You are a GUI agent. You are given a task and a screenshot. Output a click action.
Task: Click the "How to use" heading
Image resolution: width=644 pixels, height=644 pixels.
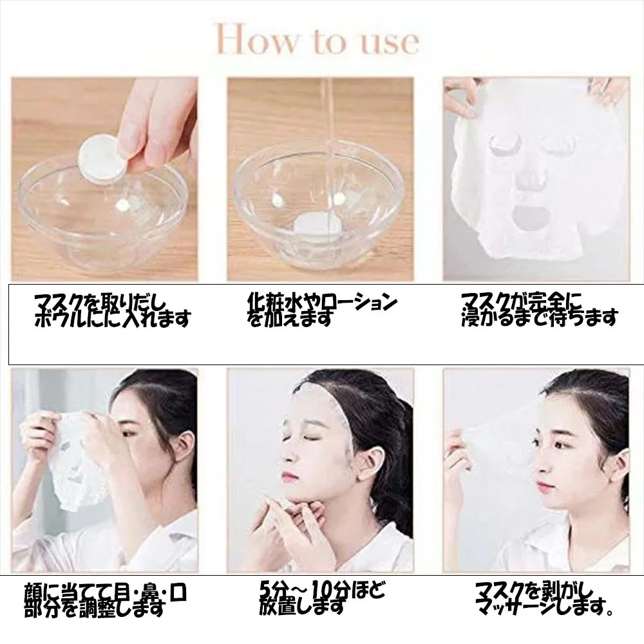click(x=317, y=40)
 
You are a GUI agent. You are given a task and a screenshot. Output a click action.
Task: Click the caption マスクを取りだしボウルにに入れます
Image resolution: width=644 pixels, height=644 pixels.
click(x=113, y=311)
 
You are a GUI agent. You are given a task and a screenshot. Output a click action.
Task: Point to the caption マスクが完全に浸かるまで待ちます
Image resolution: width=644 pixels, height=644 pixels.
click(x=540, y=310)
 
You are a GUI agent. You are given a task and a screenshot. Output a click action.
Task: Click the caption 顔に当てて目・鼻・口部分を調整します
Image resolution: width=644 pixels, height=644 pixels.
click(x=106, y=600)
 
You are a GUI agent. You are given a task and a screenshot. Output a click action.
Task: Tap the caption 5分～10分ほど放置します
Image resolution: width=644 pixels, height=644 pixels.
click(x=323, y=598)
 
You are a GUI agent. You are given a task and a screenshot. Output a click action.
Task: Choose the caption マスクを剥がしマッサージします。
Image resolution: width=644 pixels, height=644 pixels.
click(x=545, y=599)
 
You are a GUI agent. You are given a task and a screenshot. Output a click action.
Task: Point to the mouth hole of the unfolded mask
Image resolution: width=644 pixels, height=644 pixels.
click(x=527, y=213)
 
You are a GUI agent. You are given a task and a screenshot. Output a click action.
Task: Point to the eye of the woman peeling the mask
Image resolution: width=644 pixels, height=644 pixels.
click(x=562, y=445)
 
